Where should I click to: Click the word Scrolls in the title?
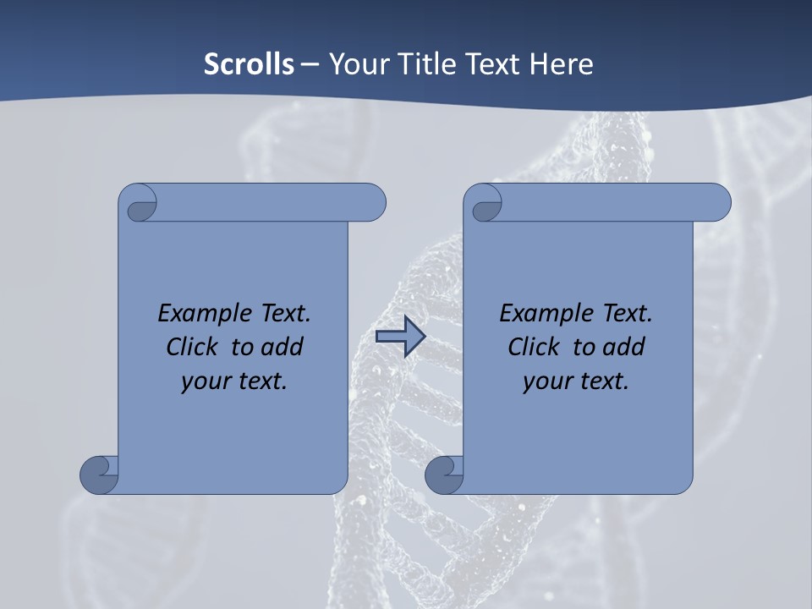(x=250, y=64)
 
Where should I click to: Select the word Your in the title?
(x=356, y=64)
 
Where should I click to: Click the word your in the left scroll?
(x=203, y=381)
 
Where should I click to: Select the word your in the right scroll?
(x=545, y=381)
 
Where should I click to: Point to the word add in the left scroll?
(x=283, y=347)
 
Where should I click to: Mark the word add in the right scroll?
(x=624, y=347)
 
